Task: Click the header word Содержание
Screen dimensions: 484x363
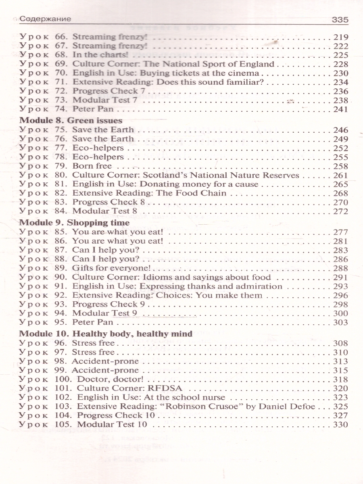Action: pyautogui.click(x=45, y=19)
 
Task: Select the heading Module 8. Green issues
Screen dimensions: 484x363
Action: pyautogui.click(x=71, y=120)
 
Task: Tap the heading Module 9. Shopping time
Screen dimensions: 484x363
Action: pyautogui.click(x=75, y=223)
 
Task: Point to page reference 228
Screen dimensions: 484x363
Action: pyautogui.click(x=341, y=64)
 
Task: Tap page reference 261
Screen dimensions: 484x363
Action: pyautogui.click(x=341, y=175)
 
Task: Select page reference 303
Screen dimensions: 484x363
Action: pyautogui.click(x=341, y=322)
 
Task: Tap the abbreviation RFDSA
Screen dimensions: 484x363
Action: pyautogui.click(x=166, y=388)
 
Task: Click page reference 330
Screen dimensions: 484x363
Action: pyautogui.click(x=341, y=424)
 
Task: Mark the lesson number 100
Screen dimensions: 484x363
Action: pyautogui.click(x=63, y=380)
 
